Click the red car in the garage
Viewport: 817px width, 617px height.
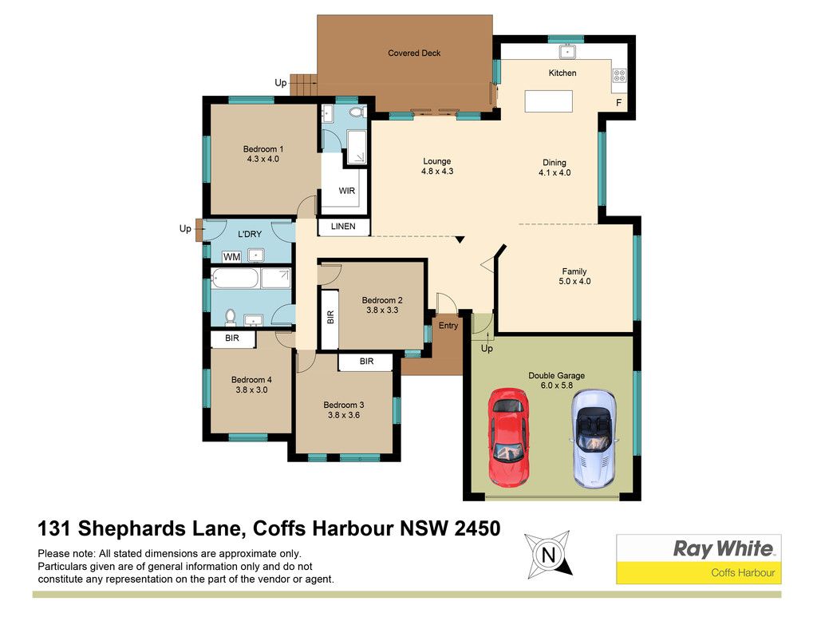click(509, 437)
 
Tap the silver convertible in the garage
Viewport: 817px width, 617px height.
click(594, 439)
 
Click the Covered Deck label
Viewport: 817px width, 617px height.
click(414, 53)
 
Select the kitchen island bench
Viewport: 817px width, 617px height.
click(549, 101)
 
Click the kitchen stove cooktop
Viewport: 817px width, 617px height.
click(619, 76)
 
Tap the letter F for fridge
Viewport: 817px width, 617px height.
click(619, 103)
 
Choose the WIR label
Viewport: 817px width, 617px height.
click(347, 191)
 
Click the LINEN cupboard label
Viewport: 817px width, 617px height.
click(343, 226)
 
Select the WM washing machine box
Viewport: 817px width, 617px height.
click(232, 256)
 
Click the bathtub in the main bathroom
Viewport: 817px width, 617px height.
click(235, 279)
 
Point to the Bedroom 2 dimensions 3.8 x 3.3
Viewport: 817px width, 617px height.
click(382, 310)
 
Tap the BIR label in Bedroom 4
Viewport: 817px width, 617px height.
click(232, 338)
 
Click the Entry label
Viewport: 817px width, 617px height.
click(448, 325)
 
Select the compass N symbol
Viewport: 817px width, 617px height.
click(548, 555)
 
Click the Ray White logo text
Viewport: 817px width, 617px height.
click(724, 548)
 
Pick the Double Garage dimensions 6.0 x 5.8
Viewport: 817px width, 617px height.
click(556, 386)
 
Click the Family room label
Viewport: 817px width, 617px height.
click(574, 271)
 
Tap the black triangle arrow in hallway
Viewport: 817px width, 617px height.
click(460, 239)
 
